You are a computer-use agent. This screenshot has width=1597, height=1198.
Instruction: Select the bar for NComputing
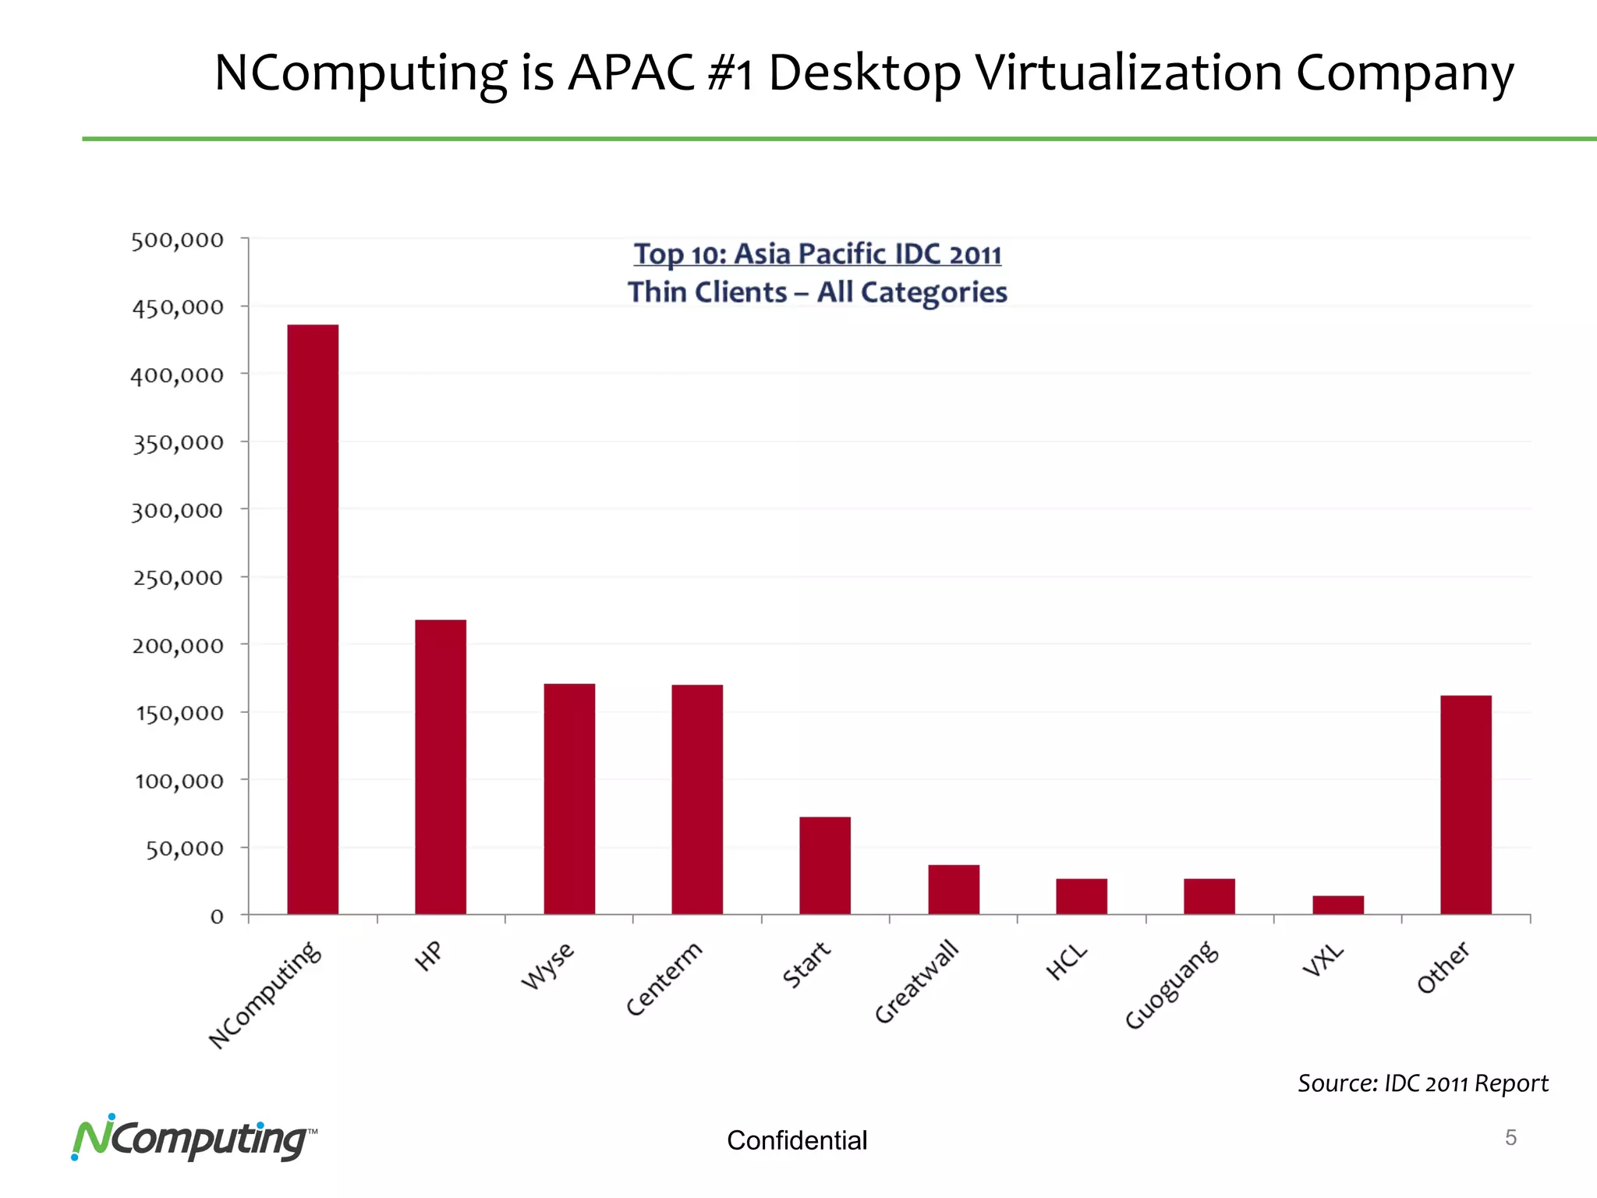pyautogui.click(x=313, y=619)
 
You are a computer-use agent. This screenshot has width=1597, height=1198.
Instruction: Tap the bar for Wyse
pyautogui.click(x=569, y=799)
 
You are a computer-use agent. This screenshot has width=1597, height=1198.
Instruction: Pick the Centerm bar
pyautogui.click(x=697, y=799)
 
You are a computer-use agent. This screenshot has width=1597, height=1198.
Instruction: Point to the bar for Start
pyautogui.click(x=825, y=865)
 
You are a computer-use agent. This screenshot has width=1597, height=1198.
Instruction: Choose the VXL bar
pyautogui.click(x=1338, y=905)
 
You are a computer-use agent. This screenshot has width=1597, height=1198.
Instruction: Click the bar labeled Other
pyautogui.click(x=1466, y=804)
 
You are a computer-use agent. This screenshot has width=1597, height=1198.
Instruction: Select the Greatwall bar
pyautogui.click(x=954, y=889)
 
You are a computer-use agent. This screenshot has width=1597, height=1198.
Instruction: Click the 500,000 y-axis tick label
pyautogui.click(x=178, y=240)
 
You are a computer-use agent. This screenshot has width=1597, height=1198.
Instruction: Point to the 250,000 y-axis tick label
pyautogui.click(x=178, y=578)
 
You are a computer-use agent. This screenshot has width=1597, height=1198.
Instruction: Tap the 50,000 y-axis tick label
pyautogui.click(x=185, y=849)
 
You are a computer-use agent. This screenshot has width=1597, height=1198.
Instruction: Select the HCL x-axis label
pyautogui.click(x=1067, y=962)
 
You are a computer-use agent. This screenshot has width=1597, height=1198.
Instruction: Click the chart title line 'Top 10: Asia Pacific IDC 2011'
pyautogui.click(x=817, y=254)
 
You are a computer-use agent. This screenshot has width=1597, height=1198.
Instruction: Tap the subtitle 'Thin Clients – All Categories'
pyautogui.click(x=817, y=292)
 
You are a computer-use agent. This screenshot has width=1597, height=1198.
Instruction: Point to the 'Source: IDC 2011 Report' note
pyautogui.click(x=1422, y=1083)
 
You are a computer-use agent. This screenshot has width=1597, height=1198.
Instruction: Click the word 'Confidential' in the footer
pyautogui.click(x=797, y=1140)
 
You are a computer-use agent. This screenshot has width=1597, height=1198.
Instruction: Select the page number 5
pyautogui.click(x=1510, y=1138)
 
